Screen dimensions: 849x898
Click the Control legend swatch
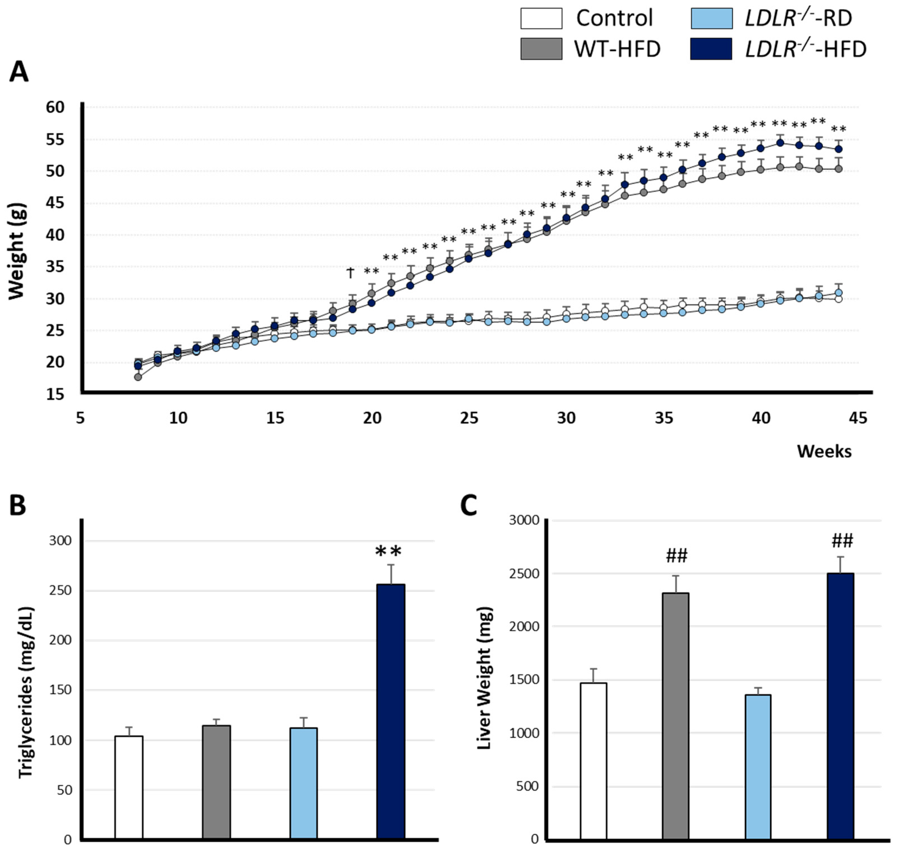[x=541, y=18]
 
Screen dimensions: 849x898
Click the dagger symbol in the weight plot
[x=350, y=272]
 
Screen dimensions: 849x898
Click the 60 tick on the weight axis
[x=55, y=107]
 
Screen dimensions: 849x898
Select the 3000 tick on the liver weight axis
[x=524, y=520]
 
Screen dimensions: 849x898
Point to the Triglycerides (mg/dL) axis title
[x=26, y=692]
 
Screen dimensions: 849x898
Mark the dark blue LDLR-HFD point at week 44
[x=838, y=149]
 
